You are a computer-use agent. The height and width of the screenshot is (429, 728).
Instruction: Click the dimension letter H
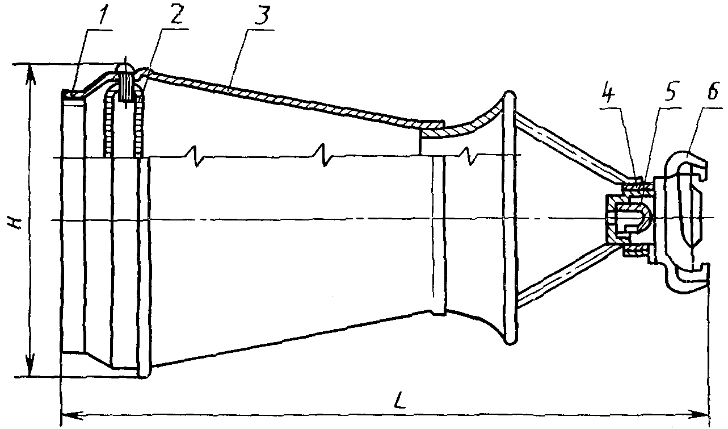17,220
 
